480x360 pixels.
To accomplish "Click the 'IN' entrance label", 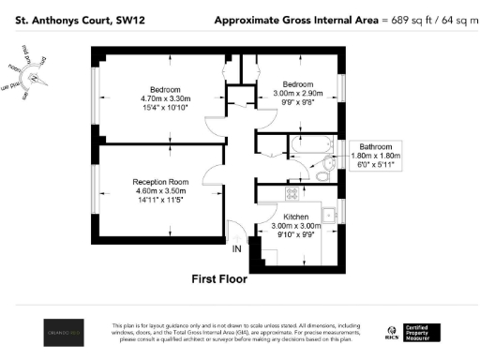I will pos(237,248).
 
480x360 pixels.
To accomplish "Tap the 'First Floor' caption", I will pos(225,278).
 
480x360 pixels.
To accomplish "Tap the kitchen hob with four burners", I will pos(292,194).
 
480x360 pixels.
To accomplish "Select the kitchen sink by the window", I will pos(329,215).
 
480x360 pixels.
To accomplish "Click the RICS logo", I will pos(392,331).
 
